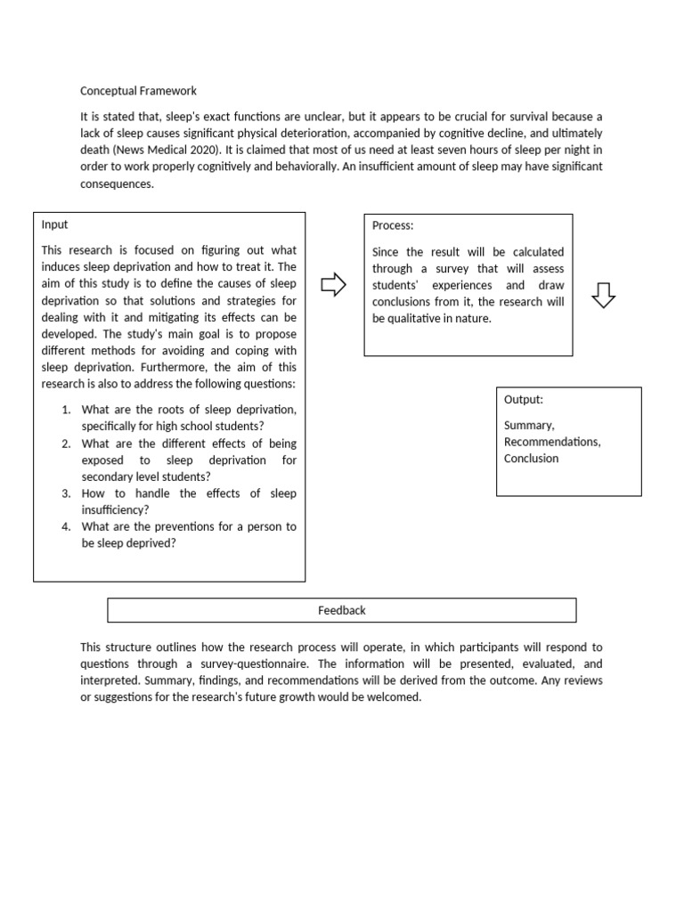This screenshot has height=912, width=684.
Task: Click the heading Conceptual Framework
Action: click(138, 91)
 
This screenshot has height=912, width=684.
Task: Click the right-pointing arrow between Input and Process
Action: click(333, 285)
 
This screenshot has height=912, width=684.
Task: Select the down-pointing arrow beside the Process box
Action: click(603, 294)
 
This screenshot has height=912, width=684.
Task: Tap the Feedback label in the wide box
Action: click(342, 610)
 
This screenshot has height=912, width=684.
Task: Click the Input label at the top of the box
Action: click(54, 224)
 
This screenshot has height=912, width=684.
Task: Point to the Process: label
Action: click(393, 226)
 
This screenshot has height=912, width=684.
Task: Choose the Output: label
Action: click(524, 400)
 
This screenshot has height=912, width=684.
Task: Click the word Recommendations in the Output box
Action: click(552, 442)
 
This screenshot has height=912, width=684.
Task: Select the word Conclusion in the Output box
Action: click(532, 459)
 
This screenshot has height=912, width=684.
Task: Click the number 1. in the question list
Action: click(67, 410)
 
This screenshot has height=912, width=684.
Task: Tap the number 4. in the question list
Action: click(67, 526)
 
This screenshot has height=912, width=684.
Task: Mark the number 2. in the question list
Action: click(67, 444)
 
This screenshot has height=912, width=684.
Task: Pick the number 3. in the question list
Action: click(67, 493)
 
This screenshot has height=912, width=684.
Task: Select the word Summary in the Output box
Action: click(528, 426)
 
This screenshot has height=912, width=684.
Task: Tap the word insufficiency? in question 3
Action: click(115, 509)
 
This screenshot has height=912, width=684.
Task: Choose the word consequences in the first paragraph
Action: click(117, 184)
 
